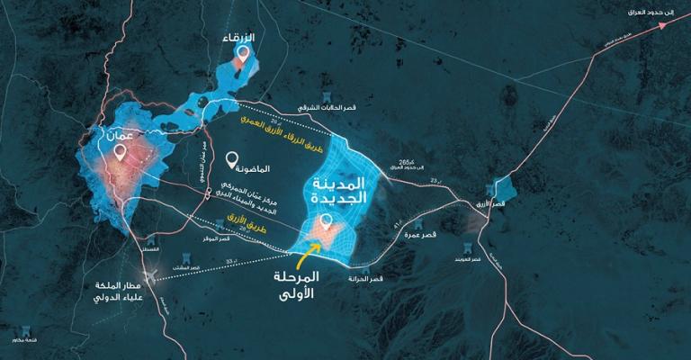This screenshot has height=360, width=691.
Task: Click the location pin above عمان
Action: click(121, 154)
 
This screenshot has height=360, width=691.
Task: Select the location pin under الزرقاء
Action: click(241, 54)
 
